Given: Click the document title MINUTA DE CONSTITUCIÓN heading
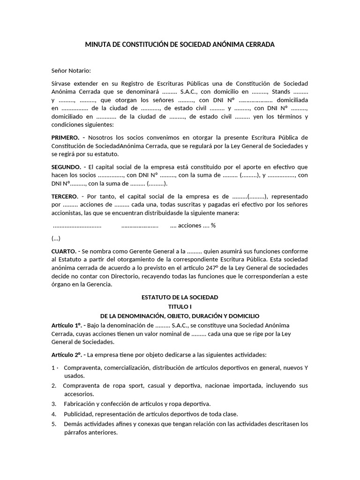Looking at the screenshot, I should click(180, 45).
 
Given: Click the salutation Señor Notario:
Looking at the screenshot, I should click(71, 70).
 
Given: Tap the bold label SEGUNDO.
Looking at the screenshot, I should click(67, 166).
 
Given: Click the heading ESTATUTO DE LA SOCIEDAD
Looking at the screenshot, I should click(180, 298).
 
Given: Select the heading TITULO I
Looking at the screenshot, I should click(180, 307).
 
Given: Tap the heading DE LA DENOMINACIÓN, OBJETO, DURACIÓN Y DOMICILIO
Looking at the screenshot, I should click(180, 316).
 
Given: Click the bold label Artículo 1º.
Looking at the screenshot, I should click(67, 325).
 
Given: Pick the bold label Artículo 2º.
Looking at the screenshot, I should click(67, 354).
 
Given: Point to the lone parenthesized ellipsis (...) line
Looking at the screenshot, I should click(56, 238).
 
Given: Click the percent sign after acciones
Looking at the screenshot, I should click(213, 225).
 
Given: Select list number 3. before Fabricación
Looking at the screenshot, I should click(54, 404).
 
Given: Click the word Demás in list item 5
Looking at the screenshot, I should click(73, 424).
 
